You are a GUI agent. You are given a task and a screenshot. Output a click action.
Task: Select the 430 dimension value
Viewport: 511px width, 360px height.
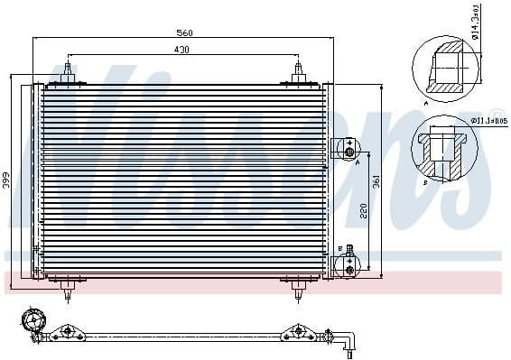pyautogui.click(x=181, y=51)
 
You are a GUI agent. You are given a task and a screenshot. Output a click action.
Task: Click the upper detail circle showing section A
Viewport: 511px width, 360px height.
pyautogui.click(x=444, y=68)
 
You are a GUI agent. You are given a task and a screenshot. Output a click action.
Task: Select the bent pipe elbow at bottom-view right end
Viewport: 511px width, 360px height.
pyautogui.click(x=349, y=342)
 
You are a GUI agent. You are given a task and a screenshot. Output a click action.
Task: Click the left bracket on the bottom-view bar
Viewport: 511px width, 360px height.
pyautogui.click(x=65, y=335)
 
